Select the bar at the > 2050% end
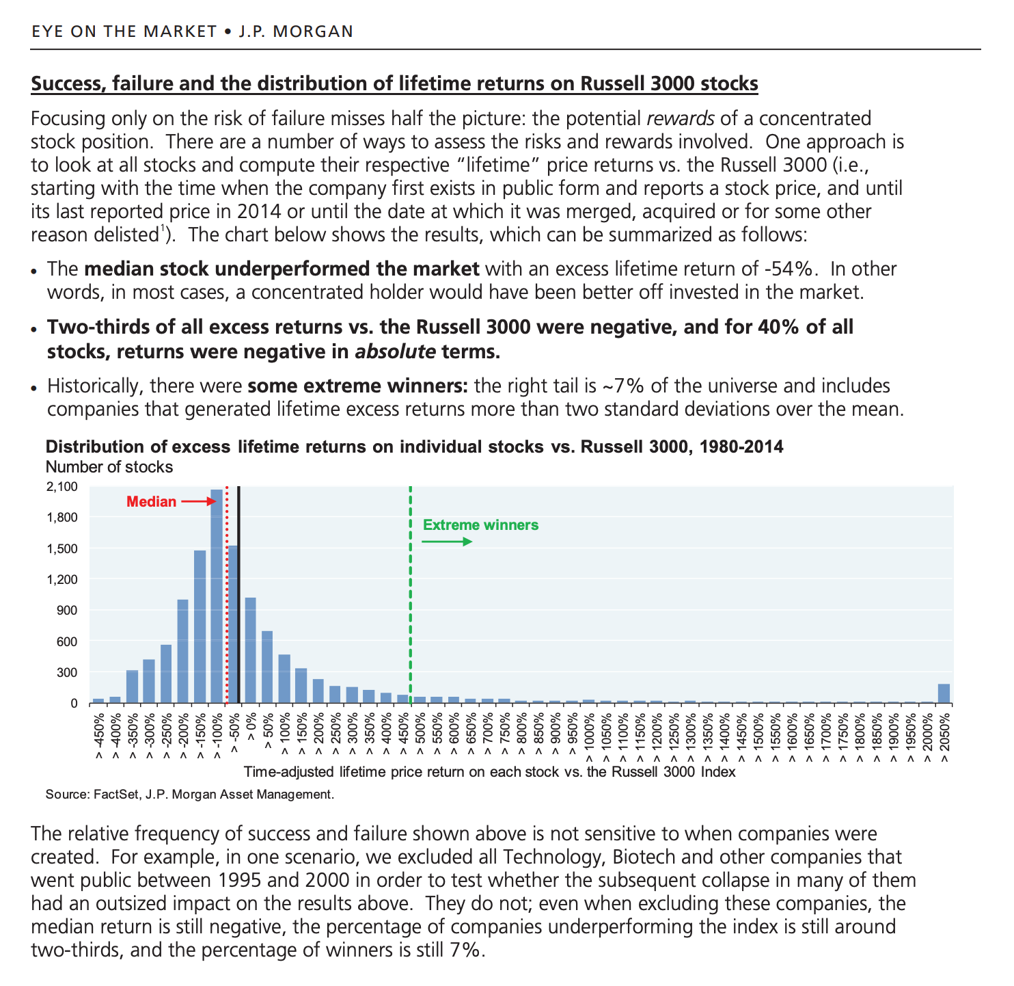944,693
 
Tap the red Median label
152,502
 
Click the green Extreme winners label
480,525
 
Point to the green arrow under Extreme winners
447,542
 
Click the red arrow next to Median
198,502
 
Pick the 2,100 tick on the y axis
62,487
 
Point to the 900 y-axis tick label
68,610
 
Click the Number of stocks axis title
109,467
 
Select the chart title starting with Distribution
414,447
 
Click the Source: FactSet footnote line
190,794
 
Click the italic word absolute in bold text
395,351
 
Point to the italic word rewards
680,118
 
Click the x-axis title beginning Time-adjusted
489,772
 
